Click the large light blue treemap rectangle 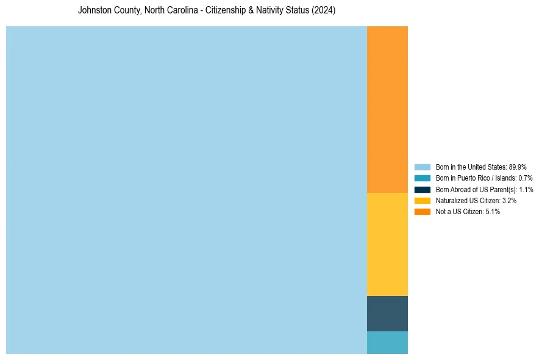(186, 190)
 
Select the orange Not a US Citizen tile (387, 109)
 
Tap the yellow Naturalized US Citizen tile (387, 244)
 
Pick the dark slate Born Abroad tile (387, 314)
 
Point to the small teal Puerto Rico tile (387, 342)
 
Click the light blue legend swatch (423, 167)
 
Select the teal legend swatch (423, 178)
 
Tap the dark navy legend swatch (423, 190)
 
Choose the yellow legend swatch (423, 201)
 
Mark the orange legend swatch (423, 212)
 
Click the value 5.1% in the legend (493, 212)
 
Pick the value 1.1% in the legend (526, 190)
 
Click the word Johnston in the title (91, 11)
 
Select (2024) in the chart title (324, 11)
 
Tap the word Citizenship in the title (226, 11)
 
